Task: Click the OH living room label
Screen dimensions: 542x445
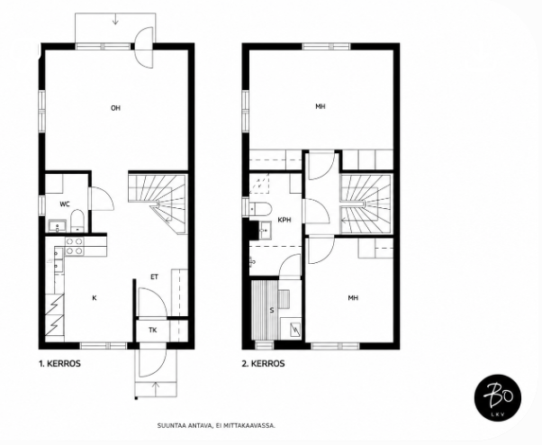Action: click(115, 108)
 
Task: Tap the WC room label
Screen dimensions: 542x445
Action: click(65, 204)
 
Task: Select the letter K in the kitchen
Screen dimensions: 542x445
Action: click(94, 298)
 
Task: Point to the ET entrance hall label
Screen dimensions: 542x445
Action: click(154, 277)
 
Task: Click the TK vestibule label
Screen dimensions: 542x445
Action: click(153, 331)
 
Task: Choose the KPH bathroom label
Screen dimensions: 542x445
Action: click(285, 220)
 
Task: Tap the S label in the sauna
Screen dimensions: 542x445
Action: click(272, 311)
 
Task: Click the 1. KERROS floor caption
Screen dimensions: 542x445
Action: click(59, 364)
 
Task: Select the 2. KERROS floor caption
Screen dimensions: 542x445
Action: click(263, 364)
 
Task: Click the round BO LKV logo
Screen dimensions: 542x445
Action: click(498, 397)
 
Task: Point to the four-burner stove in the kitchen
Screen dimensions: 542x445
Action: click(75, 246)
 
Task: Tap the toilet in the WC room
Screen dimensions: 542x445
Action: click(77, 221)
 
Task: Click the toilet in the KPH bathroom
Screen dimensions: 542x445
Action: click(260, 209)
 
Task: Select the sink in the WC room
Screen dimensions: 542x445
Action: click(56, 226)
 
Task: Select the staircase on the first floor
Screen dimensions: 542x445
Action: click(158, 203)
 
